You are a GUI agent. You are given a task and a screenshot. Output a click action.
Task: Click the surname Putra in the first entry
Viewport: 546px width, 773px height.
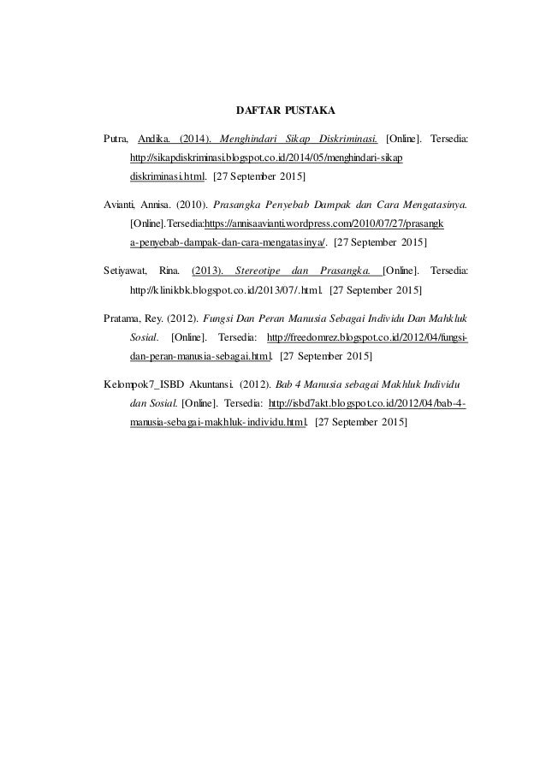click(x=115, y=138)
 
